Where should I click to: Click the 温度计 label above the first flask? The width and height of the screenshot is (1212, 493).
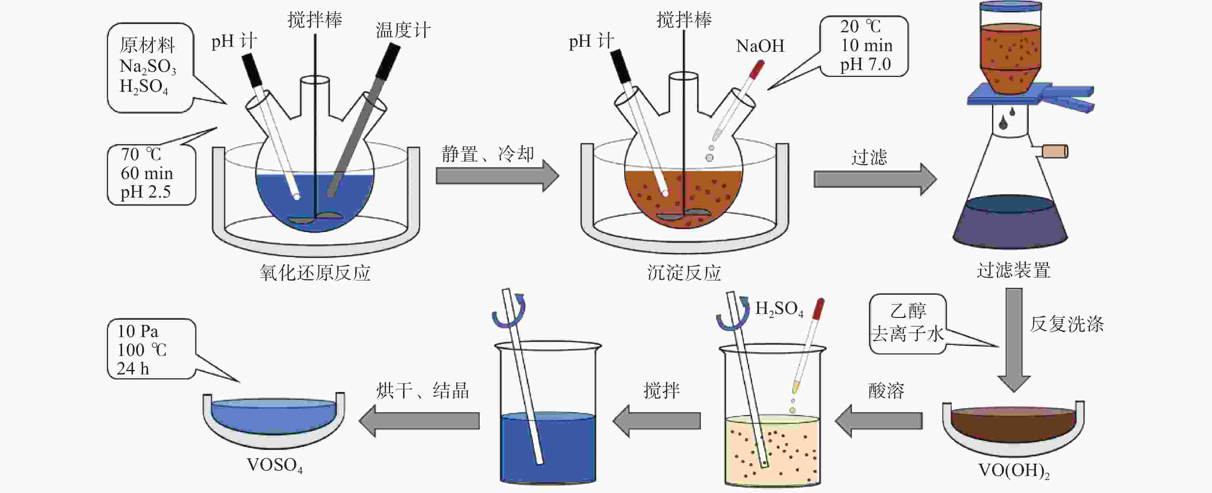(403, 30)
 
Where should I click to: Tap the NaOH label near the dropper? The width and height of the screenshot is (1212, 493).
(760, 46)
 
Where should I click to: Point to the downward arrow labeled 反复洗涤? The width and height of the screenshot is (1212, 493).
(1014, 339)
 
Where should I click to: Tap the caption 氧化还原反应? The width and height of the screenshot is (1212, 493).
(315, 273)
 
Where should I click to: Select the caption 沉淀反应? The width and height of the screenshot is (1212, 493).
(684, 273)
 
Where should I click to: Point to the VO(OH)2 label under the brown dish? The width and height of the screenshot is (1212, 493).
(1014, 471)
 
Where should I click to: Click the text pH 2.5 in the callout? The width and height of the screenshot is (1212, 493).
(145, 192)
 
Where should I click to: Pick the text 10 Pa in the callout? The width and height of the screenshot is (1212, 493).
(138, 331)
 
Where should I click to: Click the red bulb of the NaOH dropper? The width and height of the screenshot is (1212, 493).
(757, 70)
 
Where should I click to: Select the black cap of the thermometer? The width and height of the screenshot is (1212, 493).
(388, 61)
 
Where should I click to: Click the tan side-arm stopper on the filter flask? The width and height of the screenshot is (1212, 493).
(1055, 152)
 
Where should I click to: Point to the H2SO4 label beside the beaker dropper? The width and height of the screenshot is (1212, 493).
(779, 309)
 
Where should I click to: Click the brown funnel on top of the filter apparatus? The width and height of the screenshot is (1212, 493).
(1010, 54)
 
